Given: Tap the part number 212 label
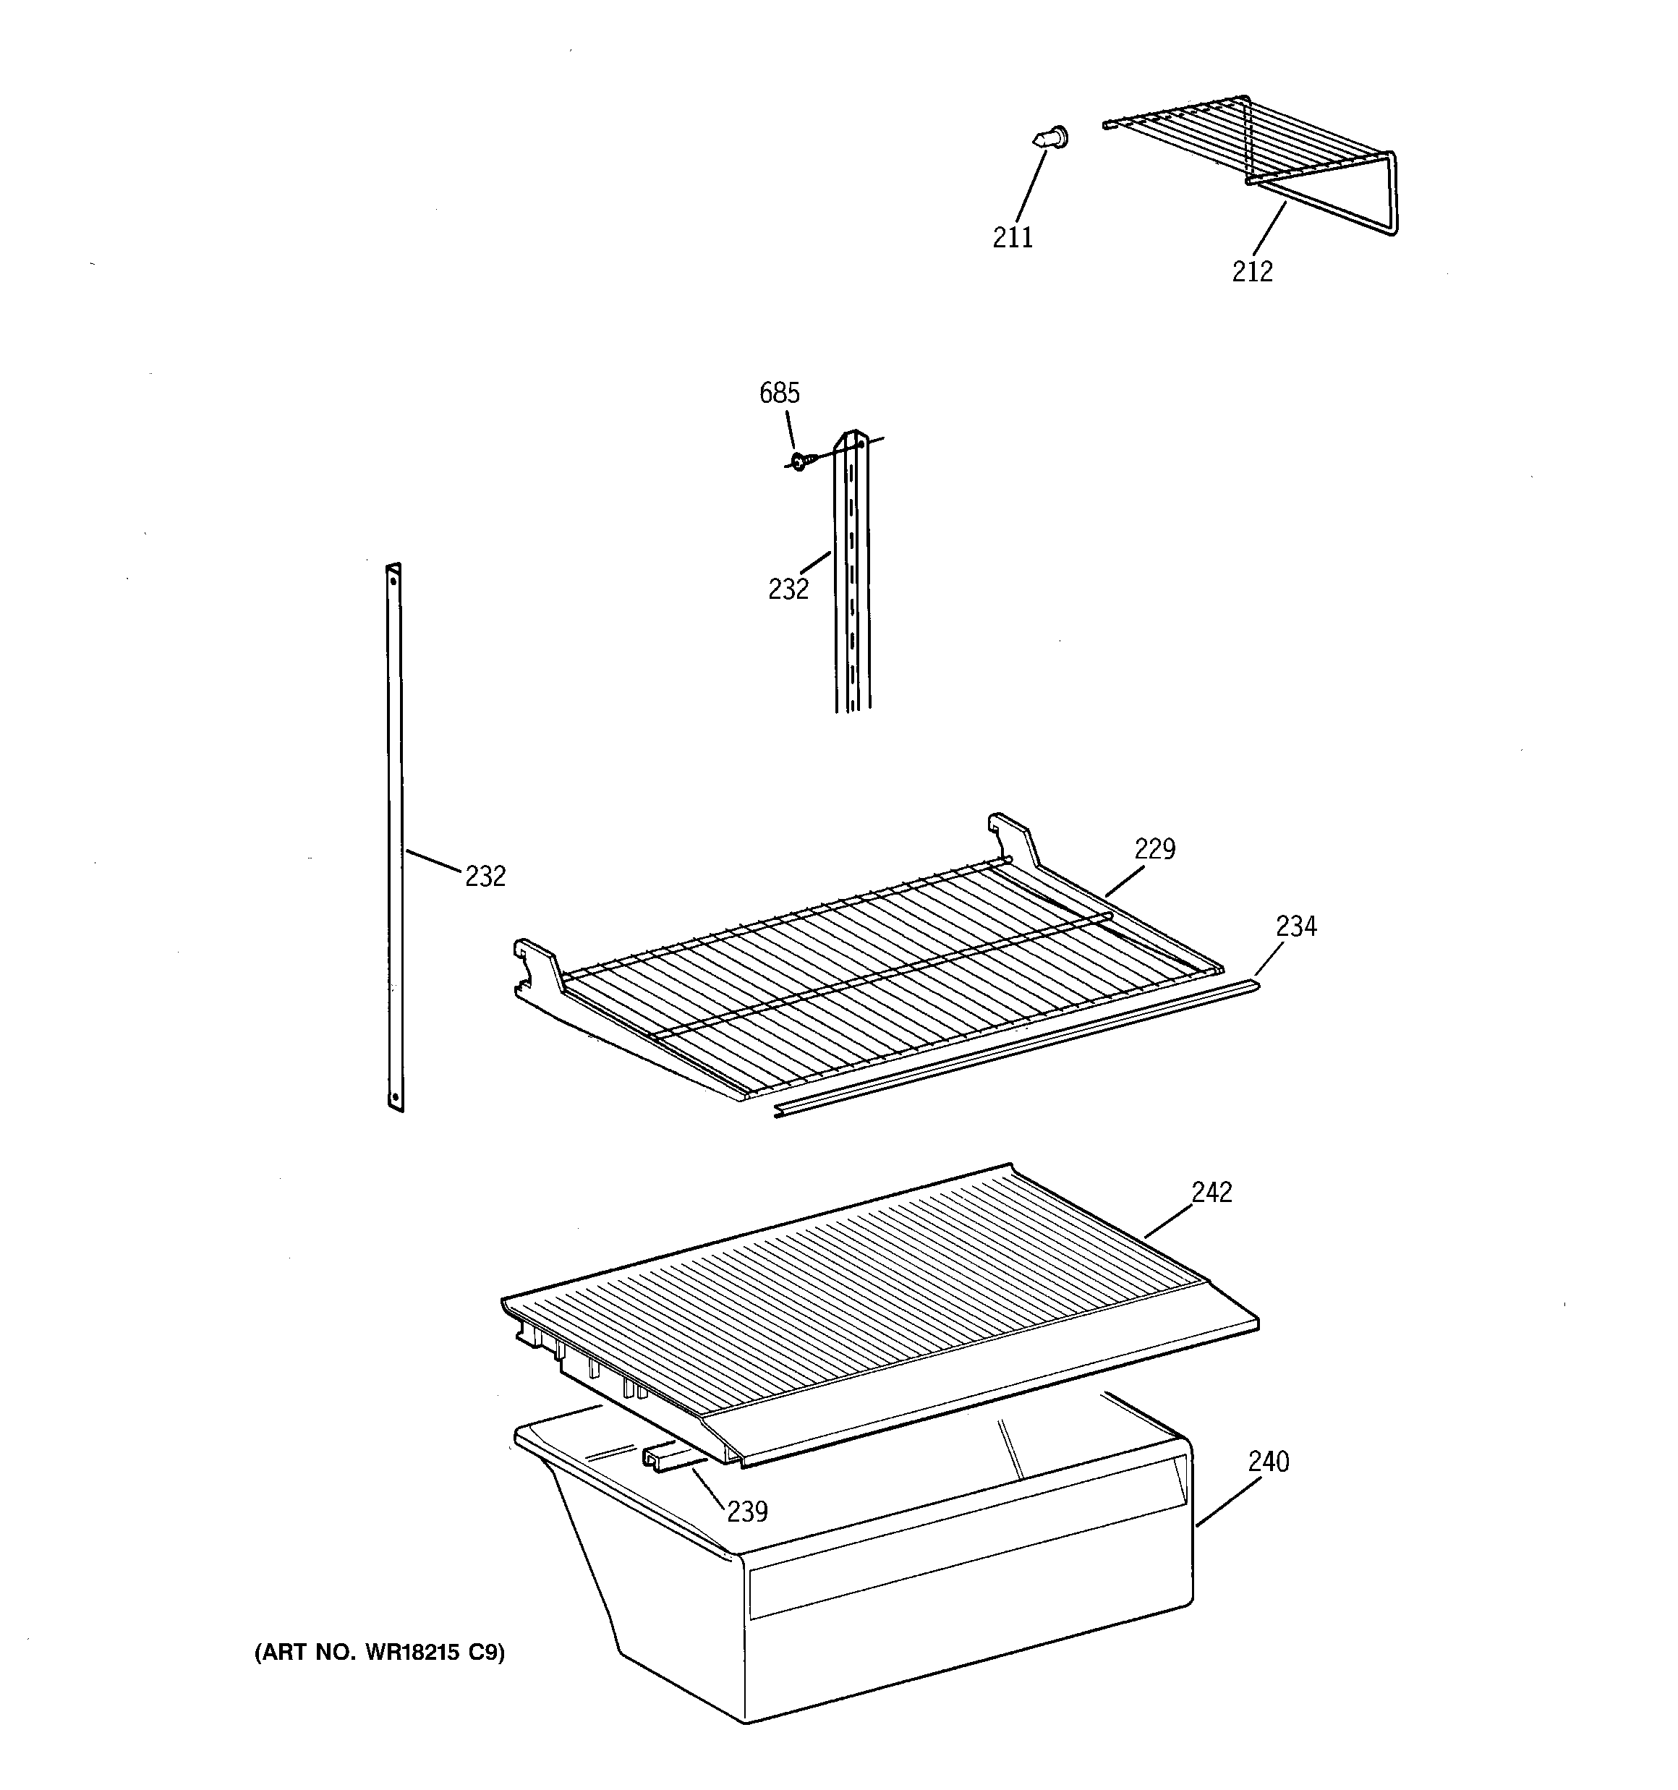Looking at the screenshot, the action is coord(1252,271).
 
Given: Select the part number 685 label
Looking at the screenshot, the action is coord(779,393).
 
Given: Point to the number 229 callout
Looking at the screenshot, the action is coord(1154,848).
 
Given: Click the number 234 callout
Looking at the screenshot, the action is coord(1296,926).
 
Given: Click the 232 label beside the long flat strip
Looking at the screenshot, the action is coord(485,875).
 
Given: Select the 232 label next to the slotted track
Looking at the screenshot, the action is coord(788,589).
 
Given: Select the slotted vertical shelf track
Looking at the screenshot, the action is coord(852,576).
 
